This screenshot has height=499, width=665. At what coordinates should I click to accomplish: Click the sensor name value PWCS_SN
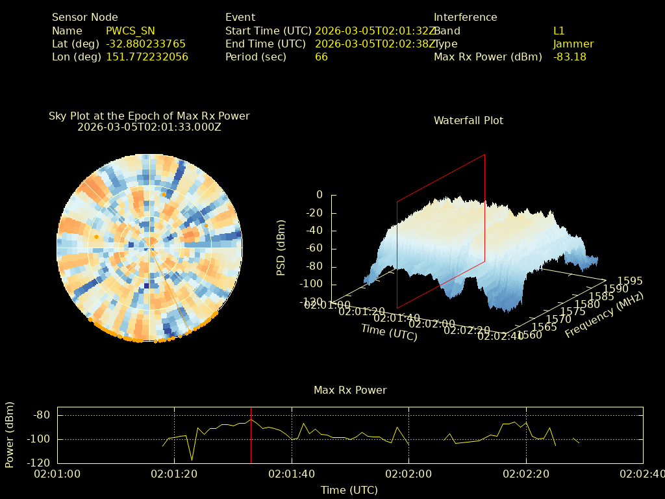pos(131,31)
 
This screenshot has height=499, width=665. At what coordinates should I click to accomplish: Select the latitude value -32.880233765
pos(145,44)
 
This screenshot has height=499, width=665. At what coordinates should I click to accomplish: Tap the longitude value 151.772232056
pos(147,57)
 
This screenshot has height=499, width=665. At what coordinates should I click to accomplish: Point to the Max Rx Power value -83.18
pos(570,57)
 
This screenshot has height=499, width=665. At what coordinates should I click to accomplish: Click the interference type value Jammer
pos(573,44)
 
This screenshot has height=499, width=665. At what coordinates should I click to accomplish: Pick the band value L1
pos(559,31)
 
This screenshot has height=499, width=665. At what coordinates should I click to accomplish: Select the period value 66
pos(321,57)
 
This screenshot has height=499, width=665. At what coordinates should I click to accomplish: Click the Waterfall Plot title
pos(468,120)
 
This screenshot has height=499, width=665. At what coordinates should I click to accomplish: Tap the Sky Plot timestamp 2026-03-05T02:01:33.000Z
pos(149,127)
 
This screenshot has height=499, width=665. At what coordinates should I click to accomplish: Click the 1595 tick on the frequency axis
pos(630,281)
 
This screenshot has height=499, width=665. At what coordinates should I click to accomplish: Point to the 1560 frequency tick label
pos(529,335)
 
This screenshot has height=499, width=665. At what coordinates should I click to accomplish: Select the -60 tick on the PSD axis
pos(311,248)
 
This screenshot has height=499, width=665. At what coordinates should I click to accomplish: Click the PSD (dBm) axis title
pos(281,248)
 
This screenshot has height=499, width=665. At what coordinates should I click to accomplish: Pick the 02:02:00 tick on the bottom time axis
pos(408,474)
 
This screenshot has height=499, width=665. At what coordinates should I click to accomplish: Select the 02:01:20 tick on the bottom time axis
pos(174,474)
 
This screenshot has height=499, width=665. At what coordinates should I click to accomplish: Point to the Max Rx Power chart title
pos(350,390)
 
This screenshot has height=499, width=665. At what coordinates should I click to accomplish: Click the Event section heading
pos(240,18)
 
